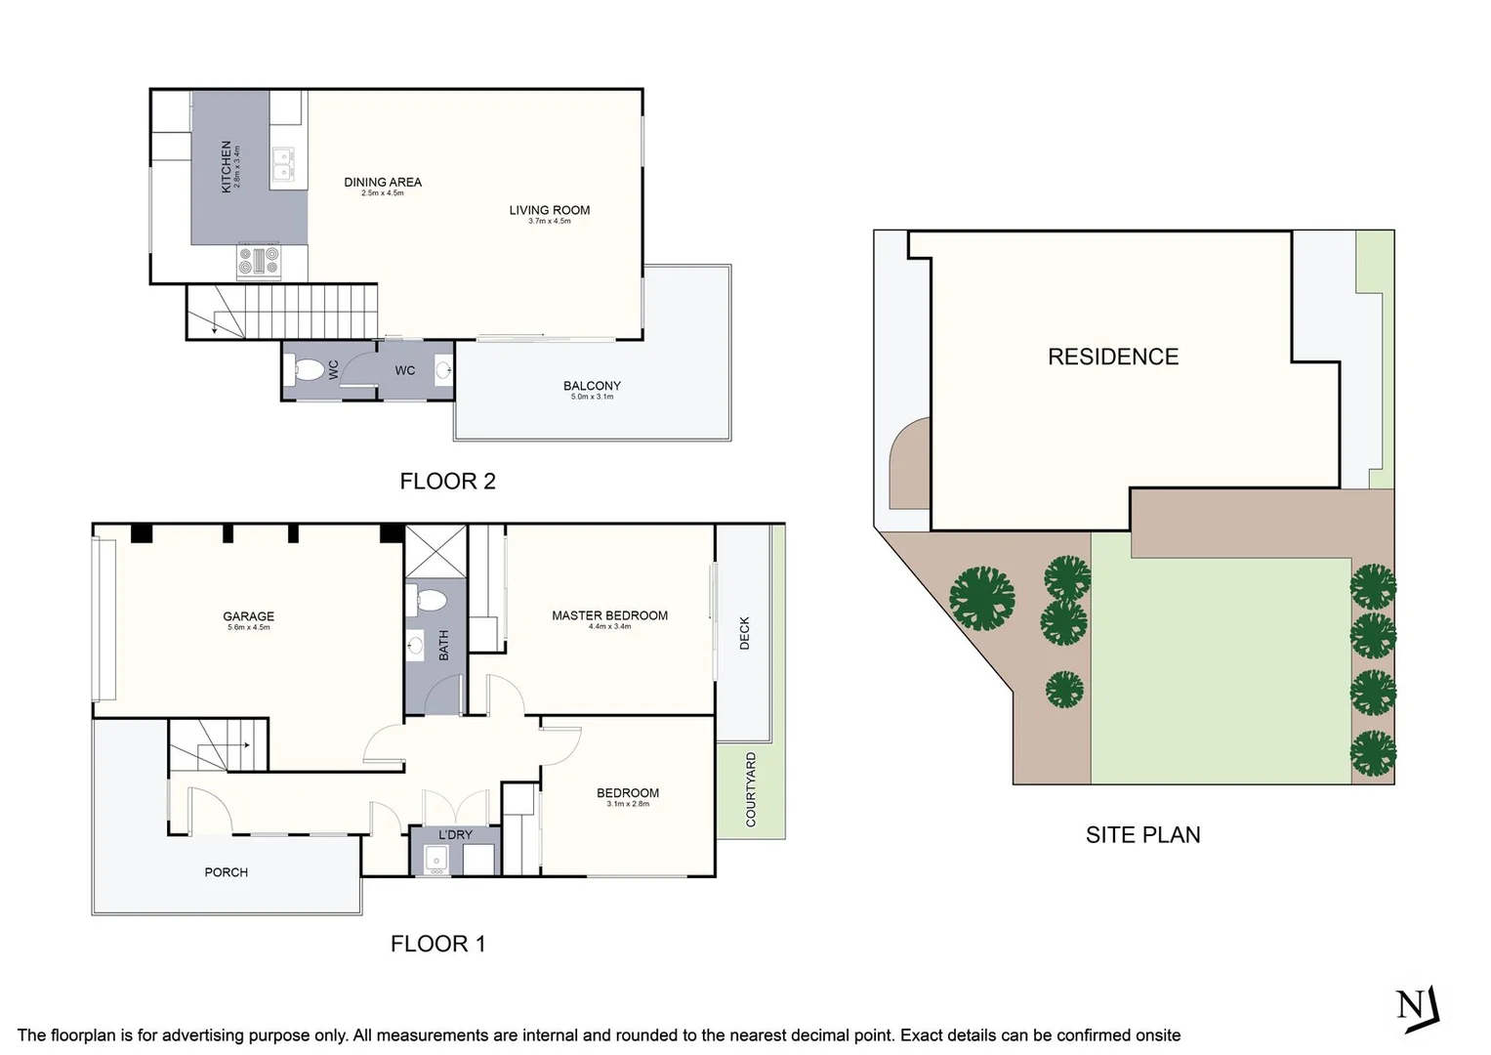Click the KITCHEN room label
(227, 166)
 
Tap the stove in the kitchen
(259, 261)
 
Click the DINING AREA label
(383, 183)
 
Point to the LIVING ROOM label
(549, 210)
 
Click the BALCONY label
(592, 387)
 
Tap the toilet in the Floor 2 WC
(309, 370)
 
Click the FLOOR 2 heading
(447, 482)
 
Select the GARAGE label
(248, 616)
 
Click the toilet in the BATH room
(428, 600)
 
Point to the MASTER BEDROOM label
(609, 616)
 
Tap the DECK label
(745, 633)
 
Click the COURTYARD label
(751, 789)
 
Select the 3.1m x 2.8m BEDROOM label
(627, 793)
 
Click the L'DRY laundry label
(455, 835)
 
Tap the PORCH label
(226, 872)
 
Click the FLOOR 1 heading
(437, 944)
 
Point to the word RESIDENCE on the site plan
(1113, 358)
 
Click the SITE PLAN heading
(1142, 835)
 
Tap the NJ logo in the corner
(1418, 1007)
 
